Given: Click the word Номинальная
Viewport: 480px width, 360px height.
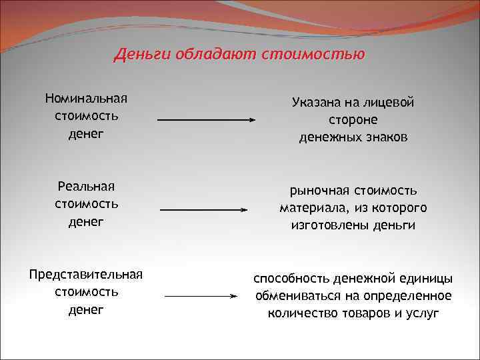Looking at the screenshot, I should click(x=86, y=99).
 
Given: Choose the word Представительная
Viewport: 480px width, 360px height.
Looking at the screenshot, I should click(x=86, y=275).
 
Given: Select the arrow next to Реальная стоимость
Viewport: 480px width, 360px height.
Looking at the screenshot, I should click(x=204, y=209).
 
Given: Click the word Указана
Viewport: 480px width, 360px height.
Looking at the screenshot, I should click(x=316, y=103).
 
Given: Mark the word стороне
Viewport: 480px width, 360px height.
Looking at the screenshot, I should click(x=353, y=120).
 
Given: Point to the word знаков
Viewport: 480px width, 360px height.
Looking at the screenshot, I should click(x=386, y=137).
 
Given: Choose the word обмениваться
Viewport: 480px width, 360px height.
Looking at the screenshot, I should click(x=295, y=295).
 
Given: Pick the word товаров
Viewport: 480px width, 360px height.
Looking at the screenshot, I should click(x=367, y=313).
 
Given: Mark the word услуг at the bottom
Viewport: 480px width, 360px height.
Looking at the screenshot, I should click(x=423, y=313).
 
